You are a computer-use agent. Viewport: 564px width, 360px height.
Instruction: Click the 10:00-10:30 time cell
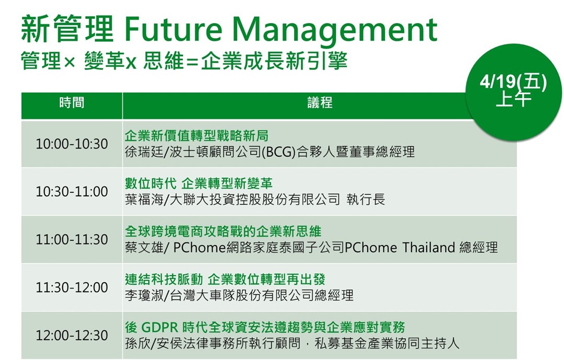pos(72,144)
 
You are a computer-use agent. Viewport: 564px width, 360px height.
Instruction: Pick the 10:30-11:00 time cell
pos(72,192)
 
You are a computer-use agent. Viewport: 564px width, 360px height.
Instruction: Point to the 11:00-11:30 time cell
pos(72,239)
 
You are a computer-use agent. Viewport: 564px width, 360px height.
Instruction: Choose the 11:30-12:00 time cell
pos(72,287)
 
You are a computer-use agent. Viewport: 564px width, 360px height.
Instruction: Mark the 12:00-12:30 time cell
pos(72,335)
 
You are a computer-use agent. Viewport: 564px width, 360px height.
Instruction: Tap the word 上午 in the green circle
pos(514,98)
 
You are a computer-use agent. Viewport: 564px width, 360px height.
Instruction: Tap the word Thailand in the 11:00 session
pos(429,247)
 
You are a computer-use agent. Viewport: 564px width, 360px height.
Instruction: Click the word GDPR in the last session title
pos(160,328)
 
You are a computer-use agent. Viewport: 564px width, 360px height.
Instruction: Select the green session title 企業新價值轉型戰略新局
pos(197,136)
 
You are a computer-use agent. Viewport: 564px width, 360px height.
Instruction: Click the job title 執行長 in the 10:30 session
pos(366,199)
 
